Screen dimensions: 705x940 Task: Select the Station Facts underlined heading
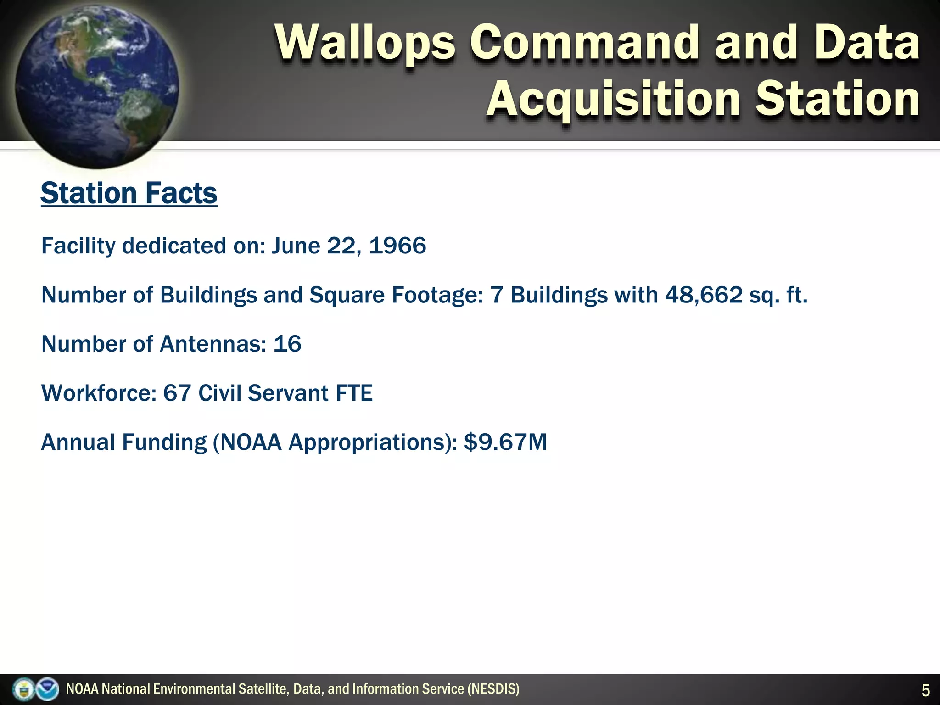[129, 193]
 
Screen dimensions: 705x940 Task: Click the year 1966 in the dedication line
[397, 246]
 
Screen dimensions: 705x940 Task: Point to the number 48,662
[704, 295]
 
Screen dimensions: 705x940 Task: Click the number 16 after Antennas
[287, 344]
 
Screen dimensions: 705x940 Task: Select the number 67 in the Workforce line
[177, 393]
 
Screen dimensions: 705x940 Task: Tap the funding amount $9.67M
[505, 442]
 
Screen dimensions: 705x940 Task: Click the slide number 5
[925, 690]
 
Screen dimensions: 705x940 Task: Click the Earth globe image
[97, 85]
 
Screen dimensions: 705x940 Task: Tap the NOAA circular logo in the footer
[47, 689]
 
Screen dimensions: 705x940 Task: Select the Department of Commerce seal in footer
[23, 689]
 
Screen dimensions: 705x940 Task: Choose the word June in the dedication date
[296, 246]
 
